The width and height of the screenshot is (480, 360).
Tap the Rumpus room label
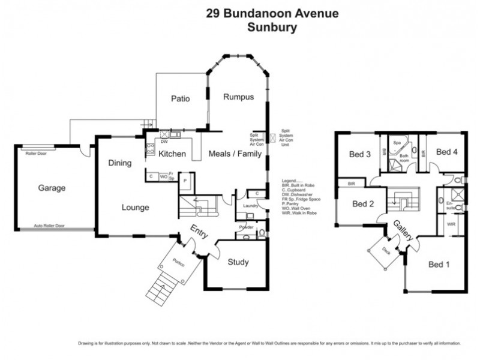tap(239, 97)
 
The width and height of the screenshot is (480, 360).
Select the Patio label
tap(181, 99)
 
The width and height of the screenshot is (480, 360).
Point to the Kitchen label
tap(172, 154)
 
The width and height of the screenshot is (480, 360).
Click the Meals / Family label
tap(235, 154)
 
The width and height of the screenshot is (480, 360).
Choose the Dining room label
tap(120, 163)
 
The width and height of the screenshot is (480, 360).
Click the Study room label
tap(238, 262)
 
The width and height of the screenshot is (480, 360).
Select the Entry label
tap(199, 232)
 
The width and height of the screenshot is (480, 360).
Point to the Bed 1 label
tap(439, 265)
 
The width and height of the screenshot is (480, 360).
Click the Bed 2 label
tap(363, 204)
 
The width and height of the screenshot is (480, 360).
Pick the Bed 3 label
tap(359, 154)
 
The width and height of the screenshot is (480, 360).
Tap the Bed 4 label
tap(447, 152)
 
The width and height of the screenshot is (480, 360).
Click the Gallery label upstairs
tap(403, 231)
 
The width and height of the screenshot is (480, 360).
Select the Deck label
tap(386, 251)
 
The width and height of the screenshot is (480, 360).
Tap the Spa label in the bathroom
tap(397, 143)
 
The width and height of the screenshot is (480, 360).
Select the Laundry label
tap(250, 206)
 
